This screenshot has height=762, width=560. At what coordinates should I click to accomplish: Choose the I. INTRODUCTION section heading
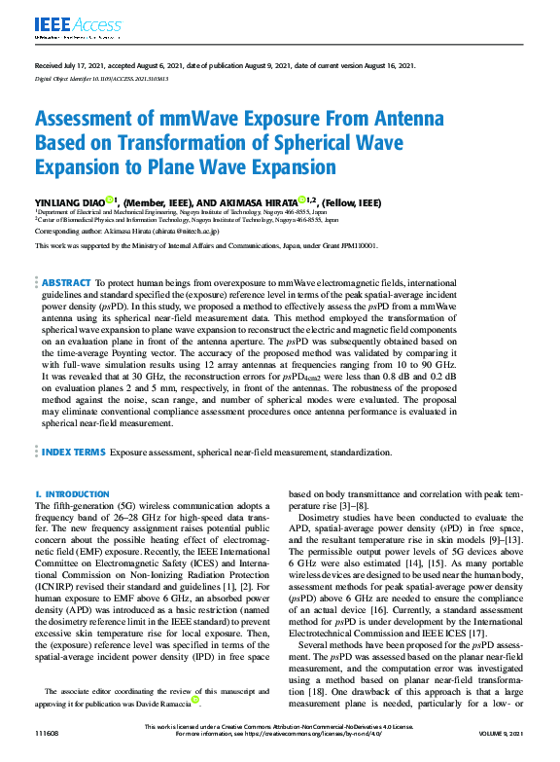point(72,495)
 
